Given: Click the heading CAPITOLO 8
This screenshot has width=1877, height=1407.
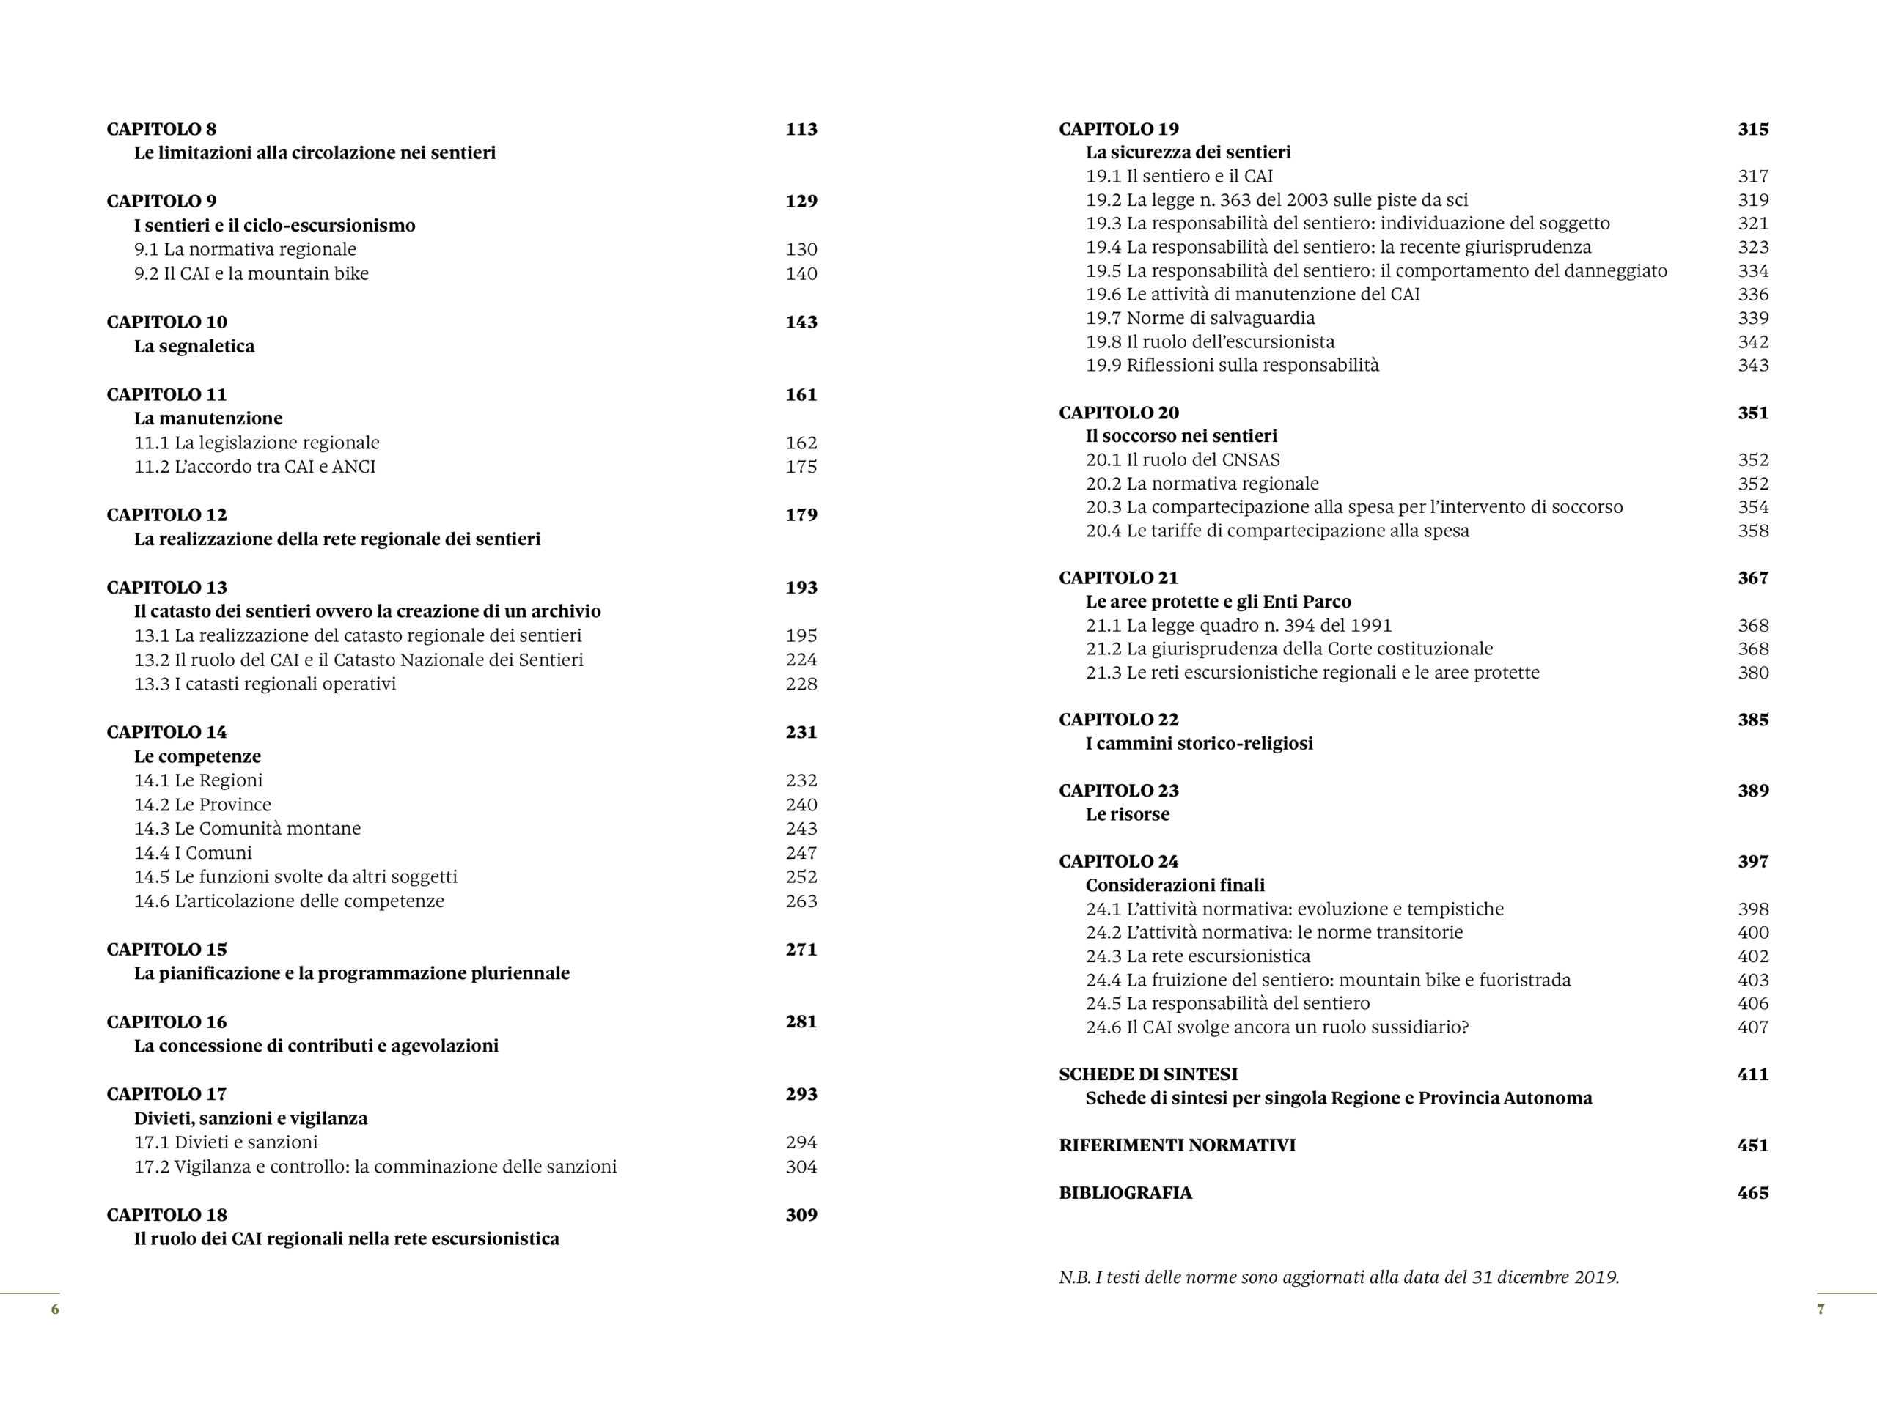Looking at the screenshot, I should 161,129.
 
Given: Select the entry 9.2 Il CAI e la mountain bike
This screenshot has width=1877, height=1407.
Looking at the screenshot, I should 251,273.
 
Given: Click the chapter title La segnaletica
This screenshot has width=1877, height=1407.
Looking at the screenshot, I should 194,346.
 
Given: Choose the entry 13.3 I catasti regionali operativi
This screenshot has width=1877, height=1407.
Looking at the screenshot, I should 265,684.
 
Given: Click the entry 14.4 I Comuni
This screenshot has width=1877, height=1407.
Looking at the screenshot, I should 193,852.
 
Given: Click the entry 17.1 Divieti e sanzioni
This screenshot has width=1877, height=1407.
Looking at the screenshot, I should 226,1142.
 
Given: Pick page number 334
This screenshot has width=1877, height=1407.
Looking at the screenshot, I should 1752,270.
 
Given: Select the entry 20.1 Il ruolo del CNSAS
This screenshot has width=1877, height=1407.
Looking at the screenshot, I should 1182,459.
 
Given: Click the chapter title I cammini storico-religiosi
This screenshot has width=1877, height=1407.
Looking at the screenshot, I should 1199,744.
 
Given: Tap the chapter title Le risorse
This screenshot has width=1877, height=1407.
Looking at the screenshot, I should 1127,814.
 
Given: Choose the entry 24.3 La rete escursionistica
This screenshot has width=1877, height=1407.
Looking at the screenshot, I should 1197,956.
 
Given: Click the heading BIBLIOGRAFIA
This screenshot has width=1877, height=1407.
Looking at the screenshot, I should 1125,1192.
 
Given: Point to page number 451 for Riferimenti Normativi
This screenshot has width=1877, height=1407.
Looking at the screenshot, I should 1752,1145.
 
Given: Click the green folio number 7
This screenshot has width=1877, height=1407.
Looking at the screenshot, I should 1819,1310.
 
